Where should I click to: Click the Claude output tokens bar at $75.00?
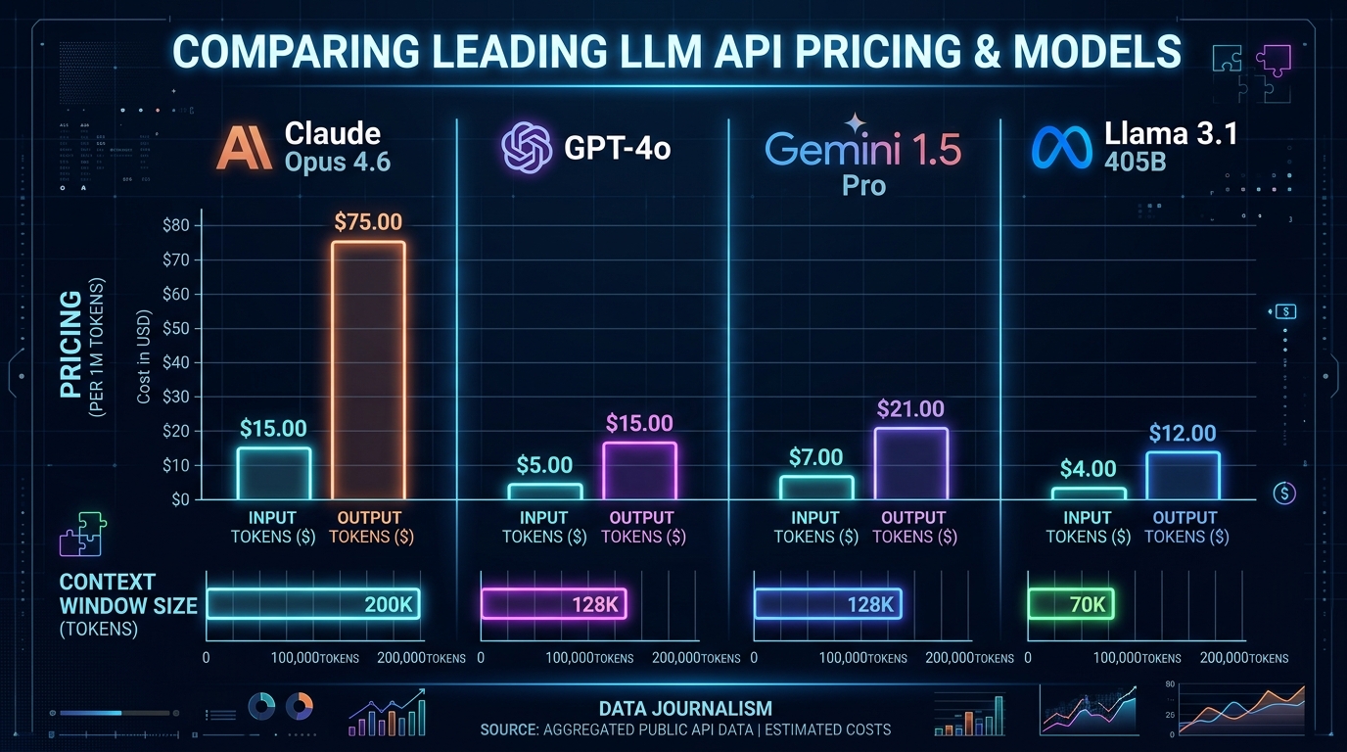click(x=368, y=370)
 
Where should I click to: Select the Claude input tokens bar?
click(x=274, y=474)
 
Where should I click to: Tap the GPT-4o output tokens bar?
click(x=639, y=471)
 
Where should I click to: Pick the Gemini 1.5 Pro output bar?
click(x=911, y=464)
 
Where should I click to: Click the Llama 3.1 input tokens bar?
click(x=1089, y=493)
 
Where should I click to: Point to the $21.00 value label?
click(x=911, y=409)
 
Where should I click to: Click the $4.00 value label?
click(x=1088, y=469)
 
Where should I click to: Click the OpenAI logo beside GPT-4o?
click(x=528, y=148)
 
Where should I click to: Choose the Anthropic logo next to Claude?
click(x=245, y=148)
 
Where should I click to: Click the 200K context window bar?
click(x=314, y=604)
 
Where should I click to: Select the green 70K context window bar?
click(x=1072, y=604)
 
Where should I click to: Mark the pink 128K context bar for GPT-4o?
click(x=553, y=604)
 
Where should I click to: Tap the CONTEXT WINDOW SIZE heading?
click(x=127, y=593)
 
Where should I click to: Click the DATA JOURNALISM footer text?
click(x=685, y=708)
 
